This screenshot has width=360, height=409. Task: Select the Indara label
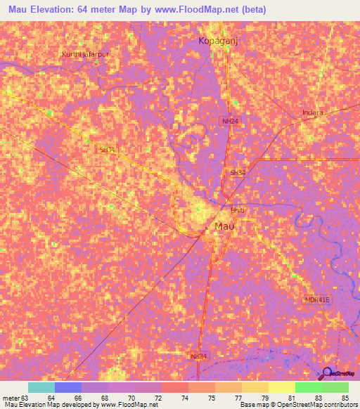coord(312,112)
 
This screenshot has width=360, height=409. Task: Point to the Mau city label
coord(224,226)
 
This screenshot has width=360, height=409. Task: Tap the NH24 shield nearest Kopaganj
coord(229,121)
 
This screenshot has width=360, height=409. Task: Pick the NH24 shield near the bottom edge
coord(200,357)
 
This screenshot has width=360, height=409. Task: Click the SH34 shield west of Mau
coord(106,150)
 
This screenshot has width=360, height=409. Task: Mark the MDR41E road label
coord(316,299)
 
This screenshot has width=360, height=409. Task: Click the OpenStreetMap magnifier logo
coord(328,373)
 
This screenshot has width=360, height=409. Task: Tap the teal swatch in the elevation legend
coord(41,387)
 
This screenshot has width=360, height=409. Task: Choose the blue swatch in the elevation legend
coord(67,387)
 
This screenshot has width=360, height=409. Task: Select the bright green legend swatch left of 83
coord(308,387)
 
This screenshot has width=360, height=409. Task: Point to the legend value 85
coord(345,398)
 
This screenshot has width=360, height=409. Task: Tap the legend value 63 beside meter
coord(27,398)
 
